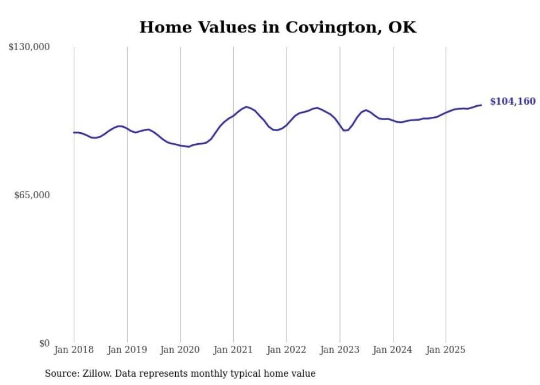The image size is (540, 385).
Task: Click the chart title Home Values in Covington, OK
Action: [x=278, y=27]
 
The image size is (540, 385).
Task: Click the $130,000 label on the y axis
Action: [x=29, y=47]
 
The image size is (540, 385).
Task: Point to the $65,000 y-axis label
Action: [x=32, y=195]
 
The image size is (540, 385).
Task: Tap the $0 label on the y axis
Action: [x=44, y=343]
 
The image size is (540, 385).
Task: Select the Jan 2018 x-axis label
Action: [x=74, y=350]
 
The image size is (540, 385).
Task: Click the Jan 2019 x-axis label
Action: [x=127, y=350]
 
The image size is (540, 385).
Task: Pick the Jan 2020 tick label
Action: [x=180, y=350]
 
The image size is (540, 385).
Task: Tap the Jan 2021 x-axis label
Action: [x=234, y=350]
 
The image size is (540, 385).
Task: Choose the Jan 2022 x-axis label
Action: [x=287, y=350]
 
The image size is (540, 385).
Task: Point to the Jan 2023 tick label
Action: [x=340, y=350]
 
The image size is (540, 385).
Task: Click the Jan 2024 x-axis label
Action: [x=393, y=350]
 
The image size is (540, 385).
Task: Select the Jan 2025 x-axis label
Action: [x=446, y=350]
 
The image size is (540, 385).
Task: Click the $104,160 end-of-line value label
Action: [x=512, y=101]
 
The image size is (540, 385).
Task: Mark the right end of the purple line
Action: [x=481, y=105]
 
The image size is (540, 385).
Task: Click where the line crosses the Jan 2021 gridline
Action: [x=234, y=115]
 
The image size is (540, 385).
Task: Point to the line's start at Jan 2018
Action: [x=74, y=132]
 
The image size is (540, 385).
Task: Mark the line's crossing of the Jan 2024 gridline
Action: [x=393, y=120]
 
